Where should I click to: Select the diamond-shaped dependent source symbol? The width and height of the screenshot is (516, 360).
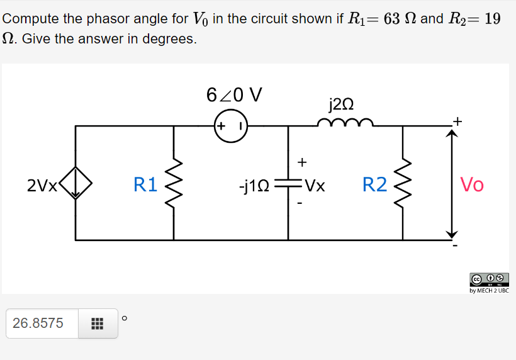click(x=76, y=184)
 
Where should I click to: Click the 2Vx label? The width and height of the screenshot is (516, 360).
click(x=42, y=185)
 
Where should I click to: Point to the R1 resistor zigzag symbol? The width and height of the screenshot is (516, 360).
click(x=174, y=184)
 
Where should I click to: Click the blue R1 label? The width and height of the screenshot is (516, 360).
click(x=145, y=184)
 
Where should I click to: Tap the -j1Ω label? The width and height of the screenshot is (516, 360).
click(x=255, y=186)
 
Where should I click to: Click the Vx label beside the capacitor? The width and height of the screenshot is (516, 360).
click(x=314, y=186)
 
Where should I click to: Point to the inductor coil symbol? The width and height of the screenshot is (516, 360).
click(x=345, y=122)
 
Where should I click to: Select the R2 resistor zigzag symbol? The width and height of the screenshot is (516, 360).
click(x=403, y=184)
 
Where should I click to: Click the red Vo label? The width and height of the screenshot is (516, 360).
click(x=472, y=184)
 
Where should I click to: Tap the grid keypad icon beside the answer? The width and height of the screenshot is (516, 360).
click(x=97, y=323)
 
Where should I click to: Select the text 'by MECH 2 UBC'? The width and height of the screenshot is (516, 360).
click(x=489, y=291)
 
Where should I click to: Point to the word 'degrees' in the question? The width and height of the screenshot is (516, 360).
click(x=169, y=39)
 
